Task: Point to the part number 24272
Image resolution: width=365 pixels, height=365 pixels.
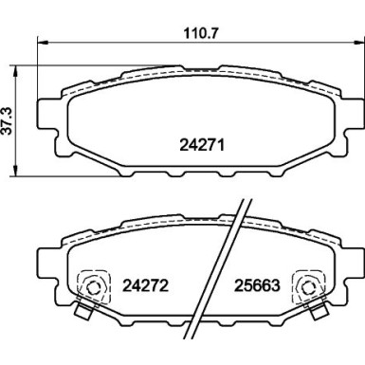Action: coord(145,283)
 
